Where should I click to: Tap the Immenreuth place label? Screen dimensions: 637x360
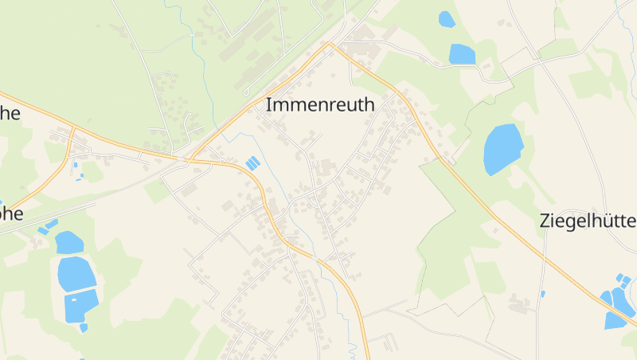[319, 105]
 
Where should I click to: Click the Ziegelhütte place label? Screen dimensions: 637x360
[588, 221]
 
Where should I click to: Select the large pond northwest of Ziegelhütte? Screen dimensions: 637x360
[503, 149]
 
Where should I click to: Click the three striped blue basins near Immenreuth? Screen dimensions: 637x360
[252, 163]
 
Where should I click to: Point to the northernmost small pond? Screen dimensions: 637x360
[447, 19]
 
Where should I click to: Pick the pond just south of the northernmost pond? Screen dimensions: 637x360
[462, 53]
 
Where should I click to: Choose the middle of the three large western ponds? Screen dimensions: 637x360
[76, 273]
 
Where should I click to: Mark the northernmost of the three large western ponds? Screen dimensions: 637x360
[69, 242]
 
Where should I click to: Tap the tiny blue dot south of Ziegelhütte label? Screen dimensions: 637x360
[543, 294]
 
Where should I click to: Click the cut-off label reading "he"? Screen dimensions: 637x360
[10, 113]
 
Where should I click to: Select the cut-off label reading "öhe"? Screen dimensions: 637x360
[10, 213]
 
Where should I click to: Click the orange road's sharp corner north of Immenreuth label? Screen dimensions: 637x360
[331, 44]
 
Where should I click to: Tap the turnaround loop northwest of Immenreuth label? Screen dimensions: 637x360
[246, 92]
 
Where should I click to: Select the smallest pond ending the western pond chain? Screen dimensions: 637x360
[84, 327]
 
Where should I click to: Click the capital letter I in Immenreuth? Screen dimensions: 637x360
[268, 105]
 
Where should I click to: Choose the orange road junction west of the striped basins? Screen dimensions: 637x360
[189, 160]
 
